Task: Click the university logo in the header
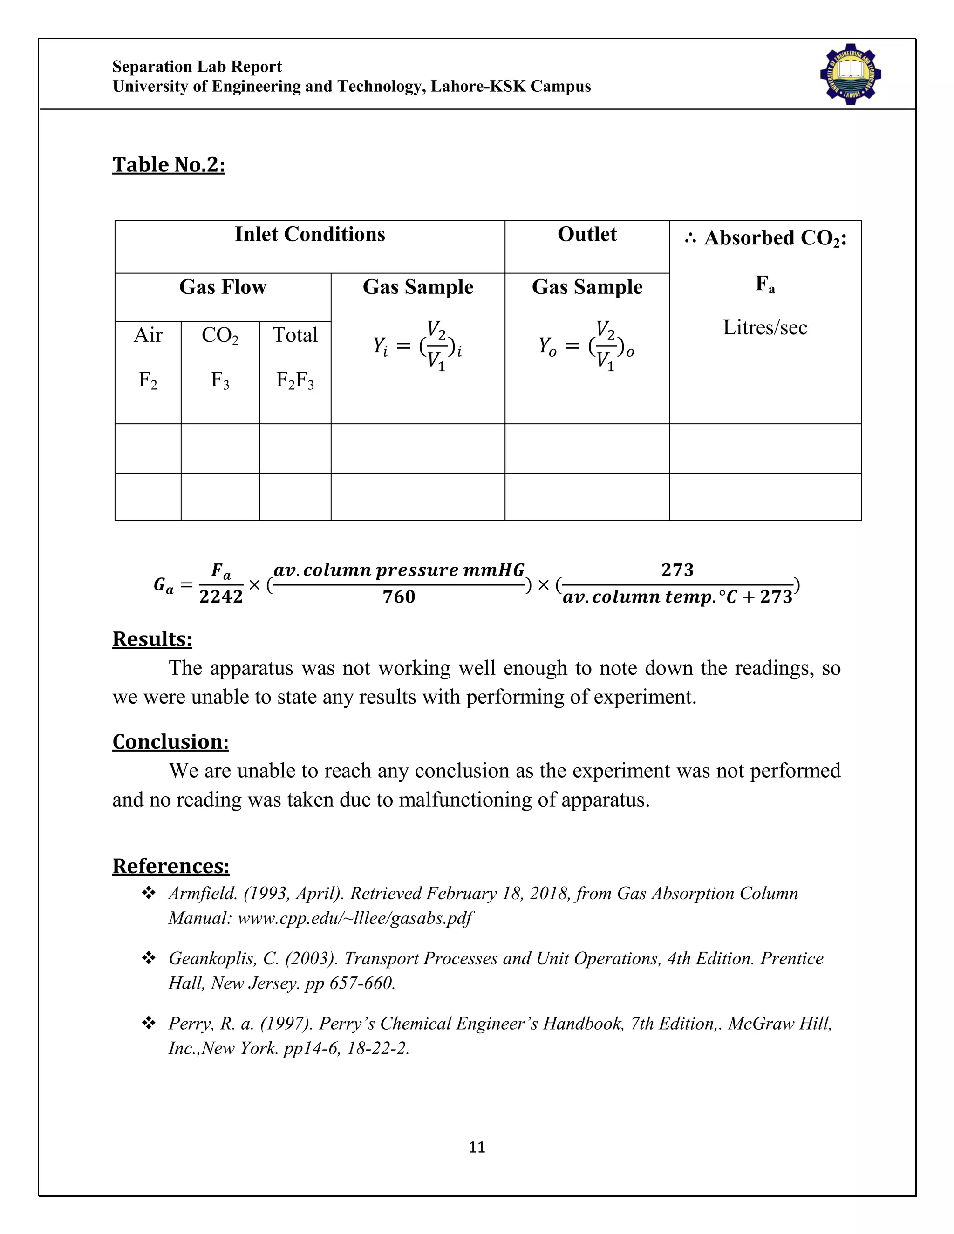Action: [851, 74]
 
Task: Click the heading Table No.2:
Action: [169, 164]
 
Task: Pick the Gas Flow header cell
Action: [223, 287]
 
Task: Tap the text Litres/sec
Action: [765, 328]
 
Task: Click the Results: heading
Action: [152, 639]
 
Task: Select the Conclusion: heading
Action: [170, 742]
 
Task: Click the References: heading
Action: [170, 866]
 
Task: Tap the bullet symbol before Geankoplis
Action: [149, 958]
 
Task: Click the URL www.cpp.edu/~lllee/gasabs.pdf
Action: [354, 918]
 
